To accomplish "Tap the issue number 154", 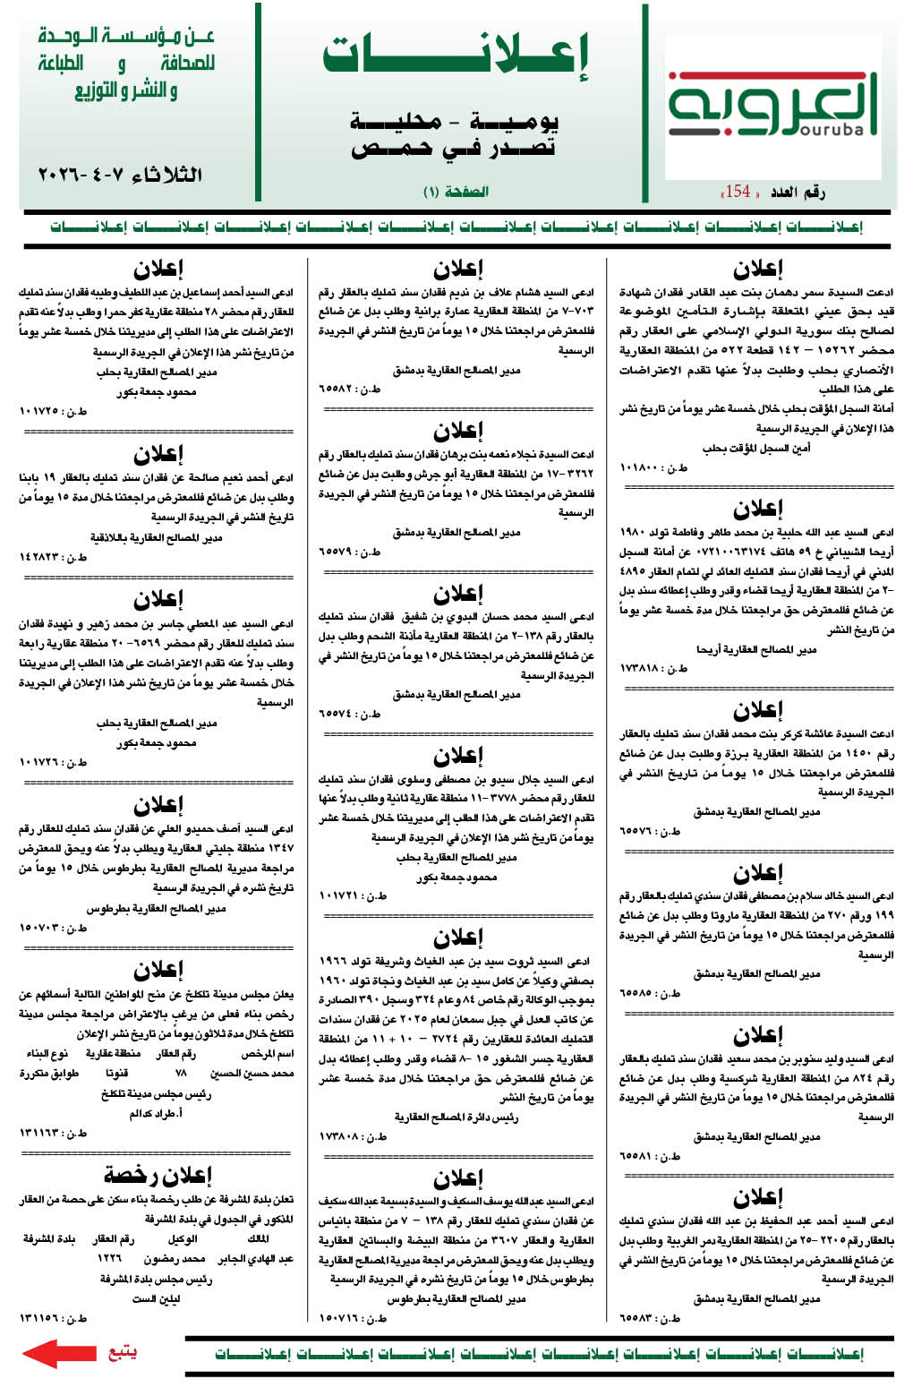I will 738,192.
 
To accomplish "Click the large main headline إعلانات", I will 456,57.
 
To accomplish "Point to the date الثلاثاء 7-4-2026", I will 120,174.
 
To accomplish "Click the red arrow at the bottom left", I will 58,1353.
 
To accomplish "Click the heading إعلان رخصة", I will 158,1174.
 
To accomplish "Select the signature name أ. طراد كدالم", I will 157,1114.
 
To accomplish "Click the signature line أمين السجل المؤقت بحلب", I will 756,448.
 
